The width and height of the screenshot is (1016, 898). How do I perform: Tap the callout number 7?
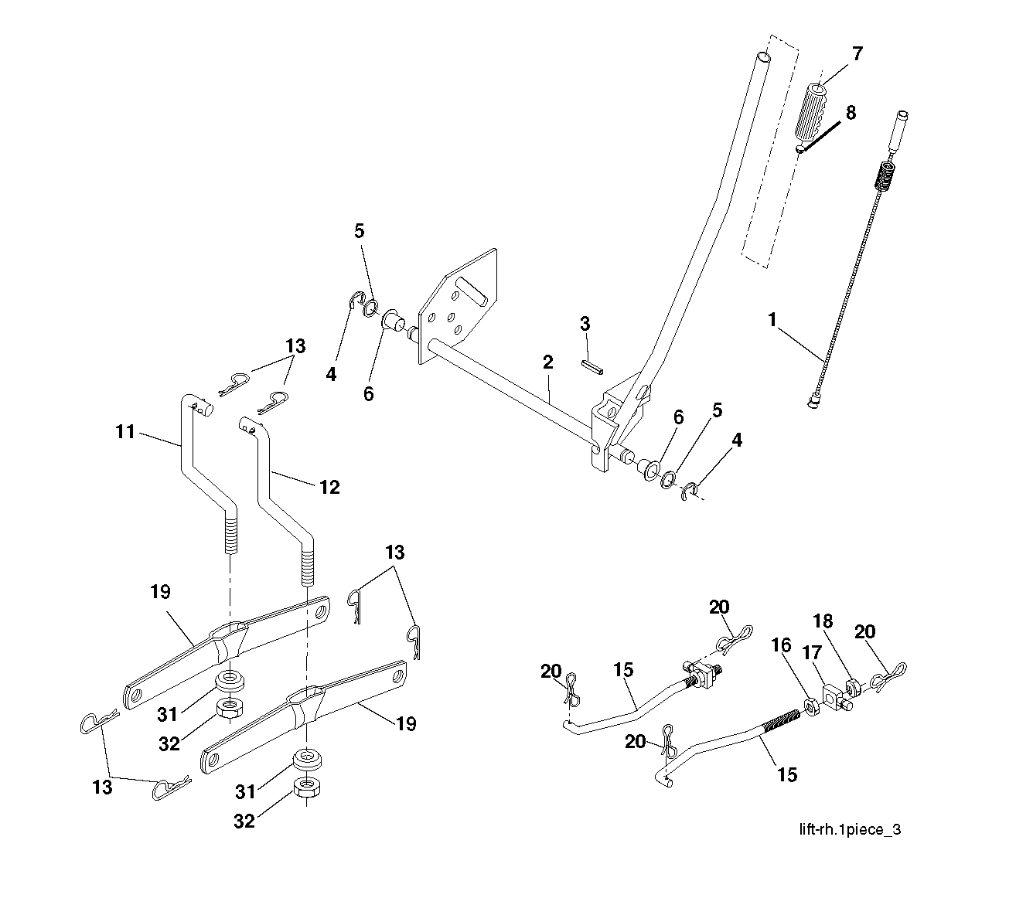point(857,54)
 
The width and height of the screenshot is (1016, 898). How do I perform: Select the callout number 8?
point(851,113)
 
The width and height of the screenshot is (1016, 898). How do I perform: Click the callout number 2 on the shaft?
point(547,362)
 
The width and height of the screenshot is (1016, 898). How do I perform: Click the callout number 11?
point(126,432)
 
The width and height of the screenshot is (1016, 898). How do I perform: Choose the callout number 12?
point(329,487)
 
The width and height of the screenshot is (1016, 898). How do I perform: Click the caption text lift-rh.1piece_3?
point(850,830)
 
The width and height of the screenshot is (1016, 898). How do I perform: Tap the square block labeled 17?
point(831,694)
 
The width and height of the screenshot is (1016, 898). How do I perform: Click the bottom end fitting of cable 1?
point(813,401)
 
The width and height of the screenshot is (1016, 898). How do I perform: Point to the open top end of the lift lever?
point(763,57)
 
